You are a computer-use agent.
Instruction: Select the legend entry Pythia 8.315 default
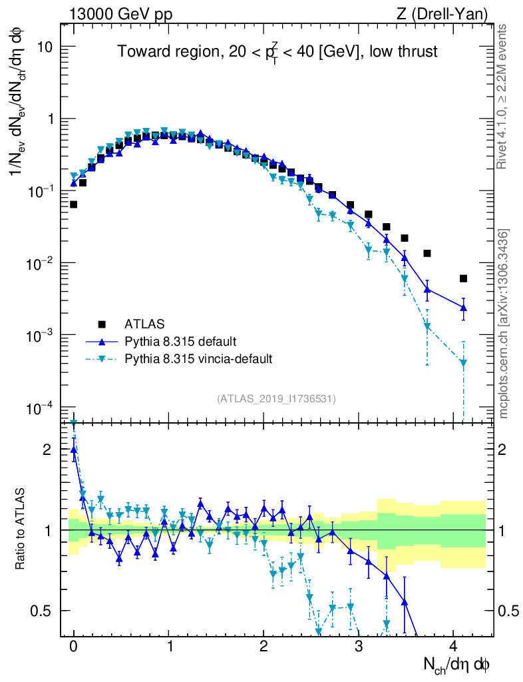[x=180, y=342]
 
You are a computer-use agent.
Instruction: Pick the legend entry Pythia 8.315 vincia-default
[x=198, y=359]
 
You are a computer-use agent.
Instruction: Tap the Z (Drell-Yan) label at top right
[x=448, y=13]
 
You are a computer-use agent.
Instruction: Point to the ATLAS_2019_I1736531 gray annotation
[x=276, y=399]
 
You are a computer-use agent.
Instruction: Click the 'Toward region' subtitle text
[x=277, y=52]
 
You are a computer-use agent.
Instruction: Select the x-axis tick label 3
[x=359, y=645]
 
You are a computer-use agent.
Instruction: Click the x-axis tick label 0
[x=73, y=645]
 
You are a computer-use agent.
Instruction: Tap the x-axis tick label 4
[x=453, y=645]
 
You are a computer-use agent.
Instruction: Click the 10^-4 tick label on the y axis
[x=41, y=408]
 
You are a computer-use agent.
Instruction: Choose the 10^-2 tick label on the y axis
[x=41, y=264]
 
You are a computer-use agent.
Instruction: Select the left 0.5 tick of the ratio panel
[x=44, y=611]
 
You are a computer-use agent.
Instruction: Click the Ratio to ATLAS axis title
[x=21, y=530]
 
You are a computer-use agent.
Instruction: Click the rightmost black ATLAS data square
[x=463, y=278]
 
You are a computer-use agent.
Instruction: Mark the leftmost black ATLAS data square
[x=73, y=204]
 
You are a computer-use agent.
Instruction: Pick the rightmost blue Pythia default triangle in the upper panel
[x=463, y=307]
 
